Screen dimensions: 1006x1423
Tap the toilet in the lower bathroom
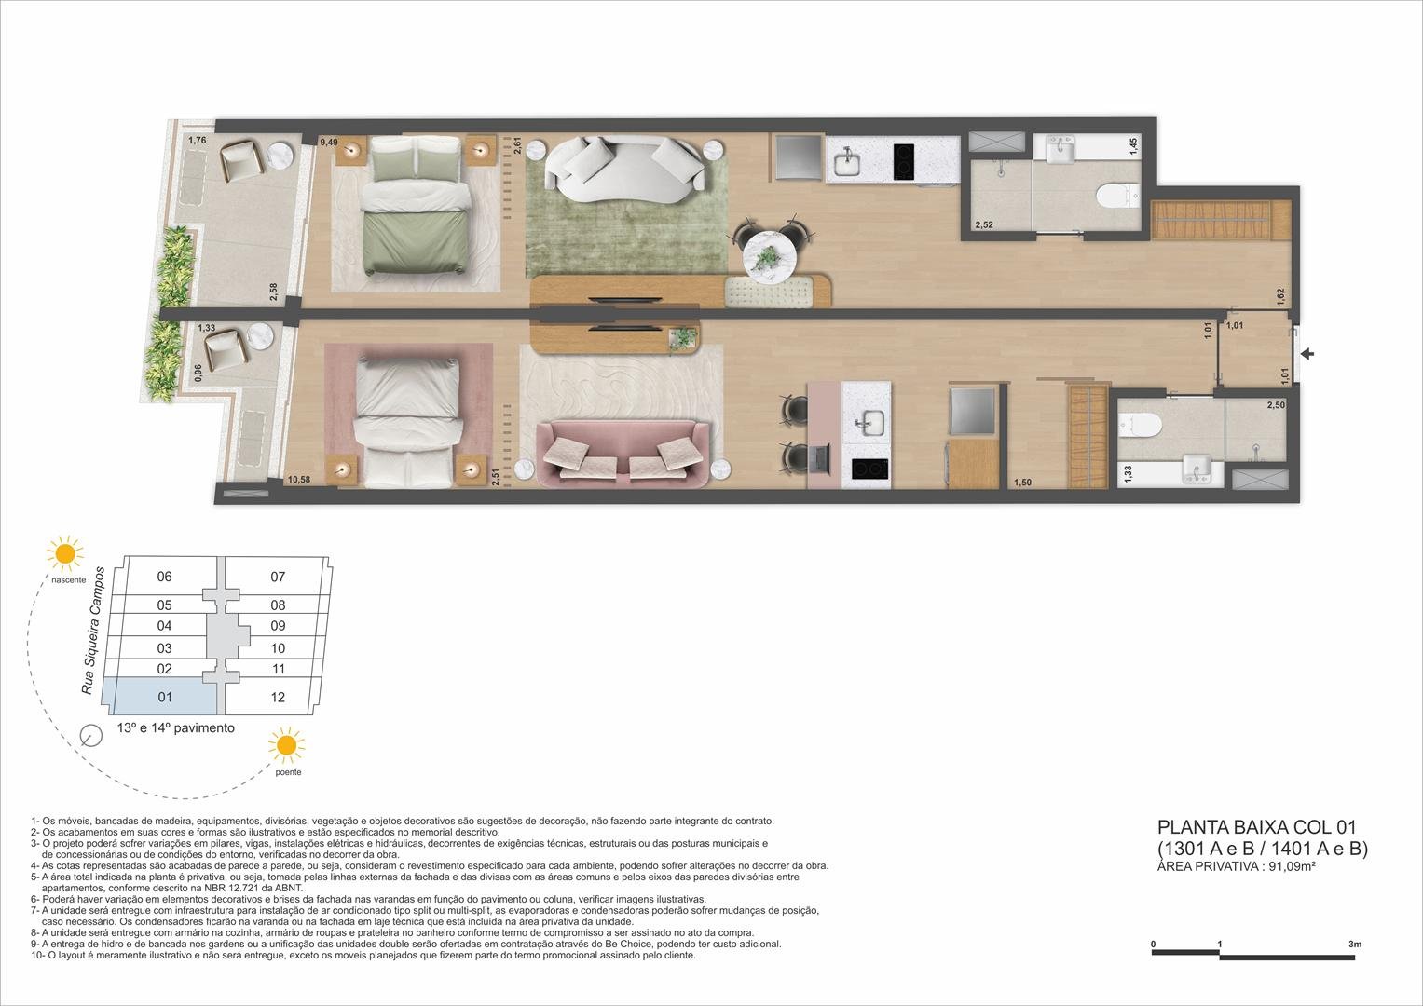[x=1143, y=425]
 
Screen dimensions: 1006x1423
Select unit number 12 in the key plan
[x=278, y=698]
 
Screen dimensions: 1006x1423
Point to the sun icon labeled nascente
[x=65, y=553]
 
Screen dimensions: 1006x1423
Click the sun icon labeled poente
[x=285, y=745]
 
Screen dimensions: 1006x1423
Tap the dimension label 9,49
[x=328, y=143]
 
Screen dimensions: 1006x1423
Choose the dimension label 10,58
[x=299, y=480]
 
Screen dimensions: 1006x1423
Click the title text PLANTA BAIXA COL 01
[x=1255, y=827]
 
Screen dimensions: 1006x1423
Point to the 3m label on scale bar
[x=1354, y=945]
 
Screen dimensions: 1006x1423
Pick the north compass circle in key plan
[x=91, y=736]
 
